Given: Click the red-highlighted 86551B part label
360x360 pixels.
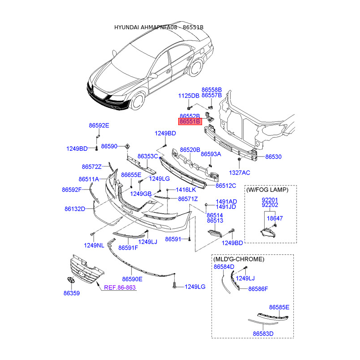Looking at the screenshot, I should coord(190,121).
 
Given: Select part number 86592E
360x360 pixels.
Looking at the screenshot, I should coord(98,126).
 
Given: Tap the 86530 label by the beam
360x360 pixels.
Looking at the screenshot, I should coord(273,157).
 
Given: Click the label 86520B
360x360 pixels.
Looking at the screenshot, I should coord(190,149).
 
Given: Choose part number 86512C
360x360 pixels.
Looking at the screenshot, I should coord(226,185).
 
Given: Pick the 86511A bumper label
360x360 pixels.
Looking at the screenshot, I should coord(89,179).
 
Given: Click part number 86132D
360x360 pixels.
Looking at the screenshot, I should coord(75,209).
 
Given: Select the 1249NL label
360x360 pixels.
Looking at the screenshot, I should coord(94,245).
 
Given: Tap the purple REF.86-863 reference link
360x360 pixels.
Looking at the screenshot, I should coord(120,287).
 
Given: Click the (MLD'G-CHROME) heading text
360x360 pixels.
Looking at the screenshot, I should coord(238,260).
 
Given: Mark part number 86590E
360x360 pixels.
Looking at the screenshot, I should coord(132,279).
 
